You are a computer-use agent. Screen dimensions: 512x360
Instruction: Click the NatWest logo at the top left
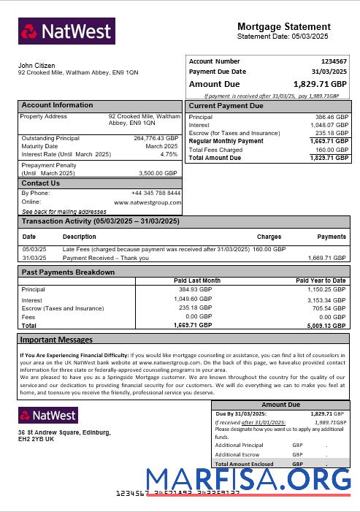pos(66,31)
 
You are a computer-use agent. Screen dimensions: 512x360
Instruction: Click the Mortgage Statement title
pos(285,26)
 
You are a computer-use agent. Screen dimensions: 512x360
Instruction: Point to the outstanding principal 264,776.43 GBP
pos(156,138)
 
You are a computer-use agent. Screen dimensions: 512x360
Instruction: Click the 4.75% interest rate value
pos(169,154)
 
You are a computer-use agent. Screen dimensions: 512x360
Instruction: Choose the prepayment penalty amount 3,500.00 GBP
pos(158,173)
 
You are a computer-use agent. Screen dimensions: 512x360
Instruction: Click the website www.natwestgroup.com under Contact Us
pos(147,202)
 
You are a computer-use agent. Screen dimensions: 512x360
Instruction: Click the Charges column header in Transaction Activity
pos(269,237)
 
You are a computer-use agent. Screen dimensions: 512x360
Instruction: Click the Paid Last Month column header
pos(197,280)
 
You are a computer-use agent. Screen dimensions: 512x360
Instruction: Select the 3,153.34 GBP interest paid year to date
pos(326,300)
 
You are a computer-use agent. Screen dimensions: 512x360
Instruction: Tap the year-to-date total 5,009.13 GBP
pos(326,326)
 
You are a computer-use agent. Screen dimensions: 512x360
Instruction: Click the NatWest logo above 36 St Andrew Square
pos(48,416)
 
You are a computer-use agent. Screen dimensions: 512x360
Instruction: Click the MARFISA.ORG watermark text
pos(248,479)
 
